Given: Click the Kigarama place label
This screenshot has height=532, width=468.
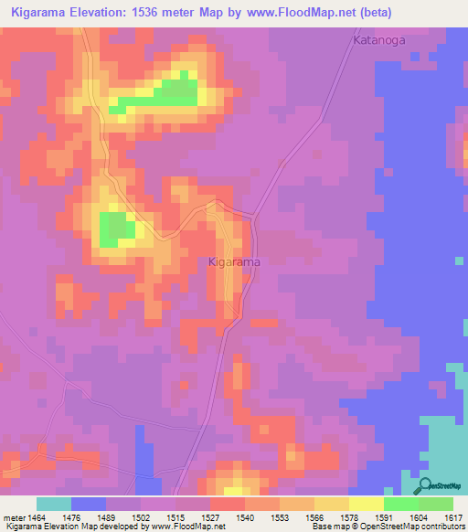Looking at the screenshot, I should tap(235, 262).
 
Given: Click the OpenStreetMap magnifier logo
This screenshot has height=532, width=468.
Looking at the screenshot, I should tap(425, 486).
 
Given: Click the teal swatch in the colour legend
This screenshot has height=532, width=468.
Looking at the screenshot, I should tap(54, 504).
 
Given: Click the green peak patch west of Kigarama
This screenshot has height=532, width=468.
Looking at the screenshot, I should tap(114, 229).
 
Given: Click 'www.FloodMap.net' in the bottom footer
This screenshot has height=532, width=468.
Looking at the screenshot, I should tap(188, 527).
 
